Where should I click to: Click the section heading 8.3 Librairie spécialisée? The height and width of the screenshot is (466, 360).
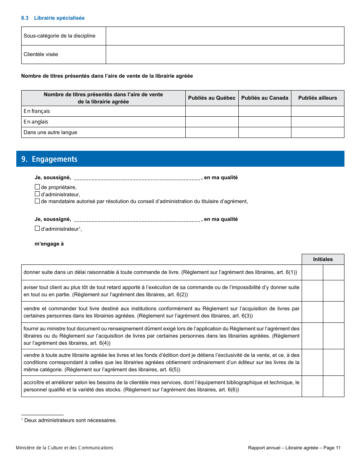[53, 18]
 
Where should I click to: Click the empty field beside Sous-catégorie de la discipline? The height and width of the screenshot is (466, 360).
[225, 36]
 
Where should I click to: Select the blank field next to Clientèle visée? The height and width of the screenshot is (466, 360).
[225, 55]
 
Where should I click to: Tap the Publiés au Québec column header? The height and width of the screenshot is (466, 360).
[212, 98]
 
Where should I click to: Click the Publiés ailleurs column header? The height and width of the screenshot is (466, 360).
[318, 98]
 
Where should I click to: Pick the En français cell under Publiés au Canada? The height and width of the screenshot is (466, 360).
[265, 111]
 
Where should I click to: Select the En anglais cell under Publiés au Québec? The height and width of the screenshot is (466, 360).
[212, 122]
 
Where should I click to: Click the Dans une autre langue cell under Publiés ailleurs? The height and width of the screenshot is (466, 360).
[318, 132]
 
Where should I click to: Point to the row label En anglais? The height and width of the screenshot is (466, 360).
[36, 122]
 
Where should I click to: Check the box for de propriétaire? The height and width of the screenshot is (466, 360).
[37, 187]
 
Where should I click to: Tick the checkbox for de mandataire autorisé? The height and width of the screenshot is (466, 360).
[37, 201]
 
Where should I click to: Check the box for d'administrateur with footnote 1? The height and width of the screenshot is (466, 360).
[37, 228]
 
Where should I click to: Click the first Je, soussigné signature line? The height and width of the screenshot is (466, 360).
[137, 178]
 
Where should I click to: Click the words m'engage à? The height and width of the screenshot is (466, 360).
[49, 244]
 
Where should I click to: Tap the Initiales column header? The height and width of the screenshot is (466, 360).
[323, 259]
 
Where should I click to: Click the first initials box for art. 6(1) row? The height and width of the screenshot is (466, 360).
[312, 272]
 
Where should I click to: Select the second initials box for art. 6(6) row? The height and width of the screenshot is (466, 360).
[333, 386]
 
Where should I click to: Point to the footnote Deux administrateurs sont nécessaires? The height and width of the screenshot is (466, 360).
[70, 420]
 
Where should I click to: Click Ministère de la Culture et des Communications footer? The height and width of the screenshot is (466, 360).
[64, 448]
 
